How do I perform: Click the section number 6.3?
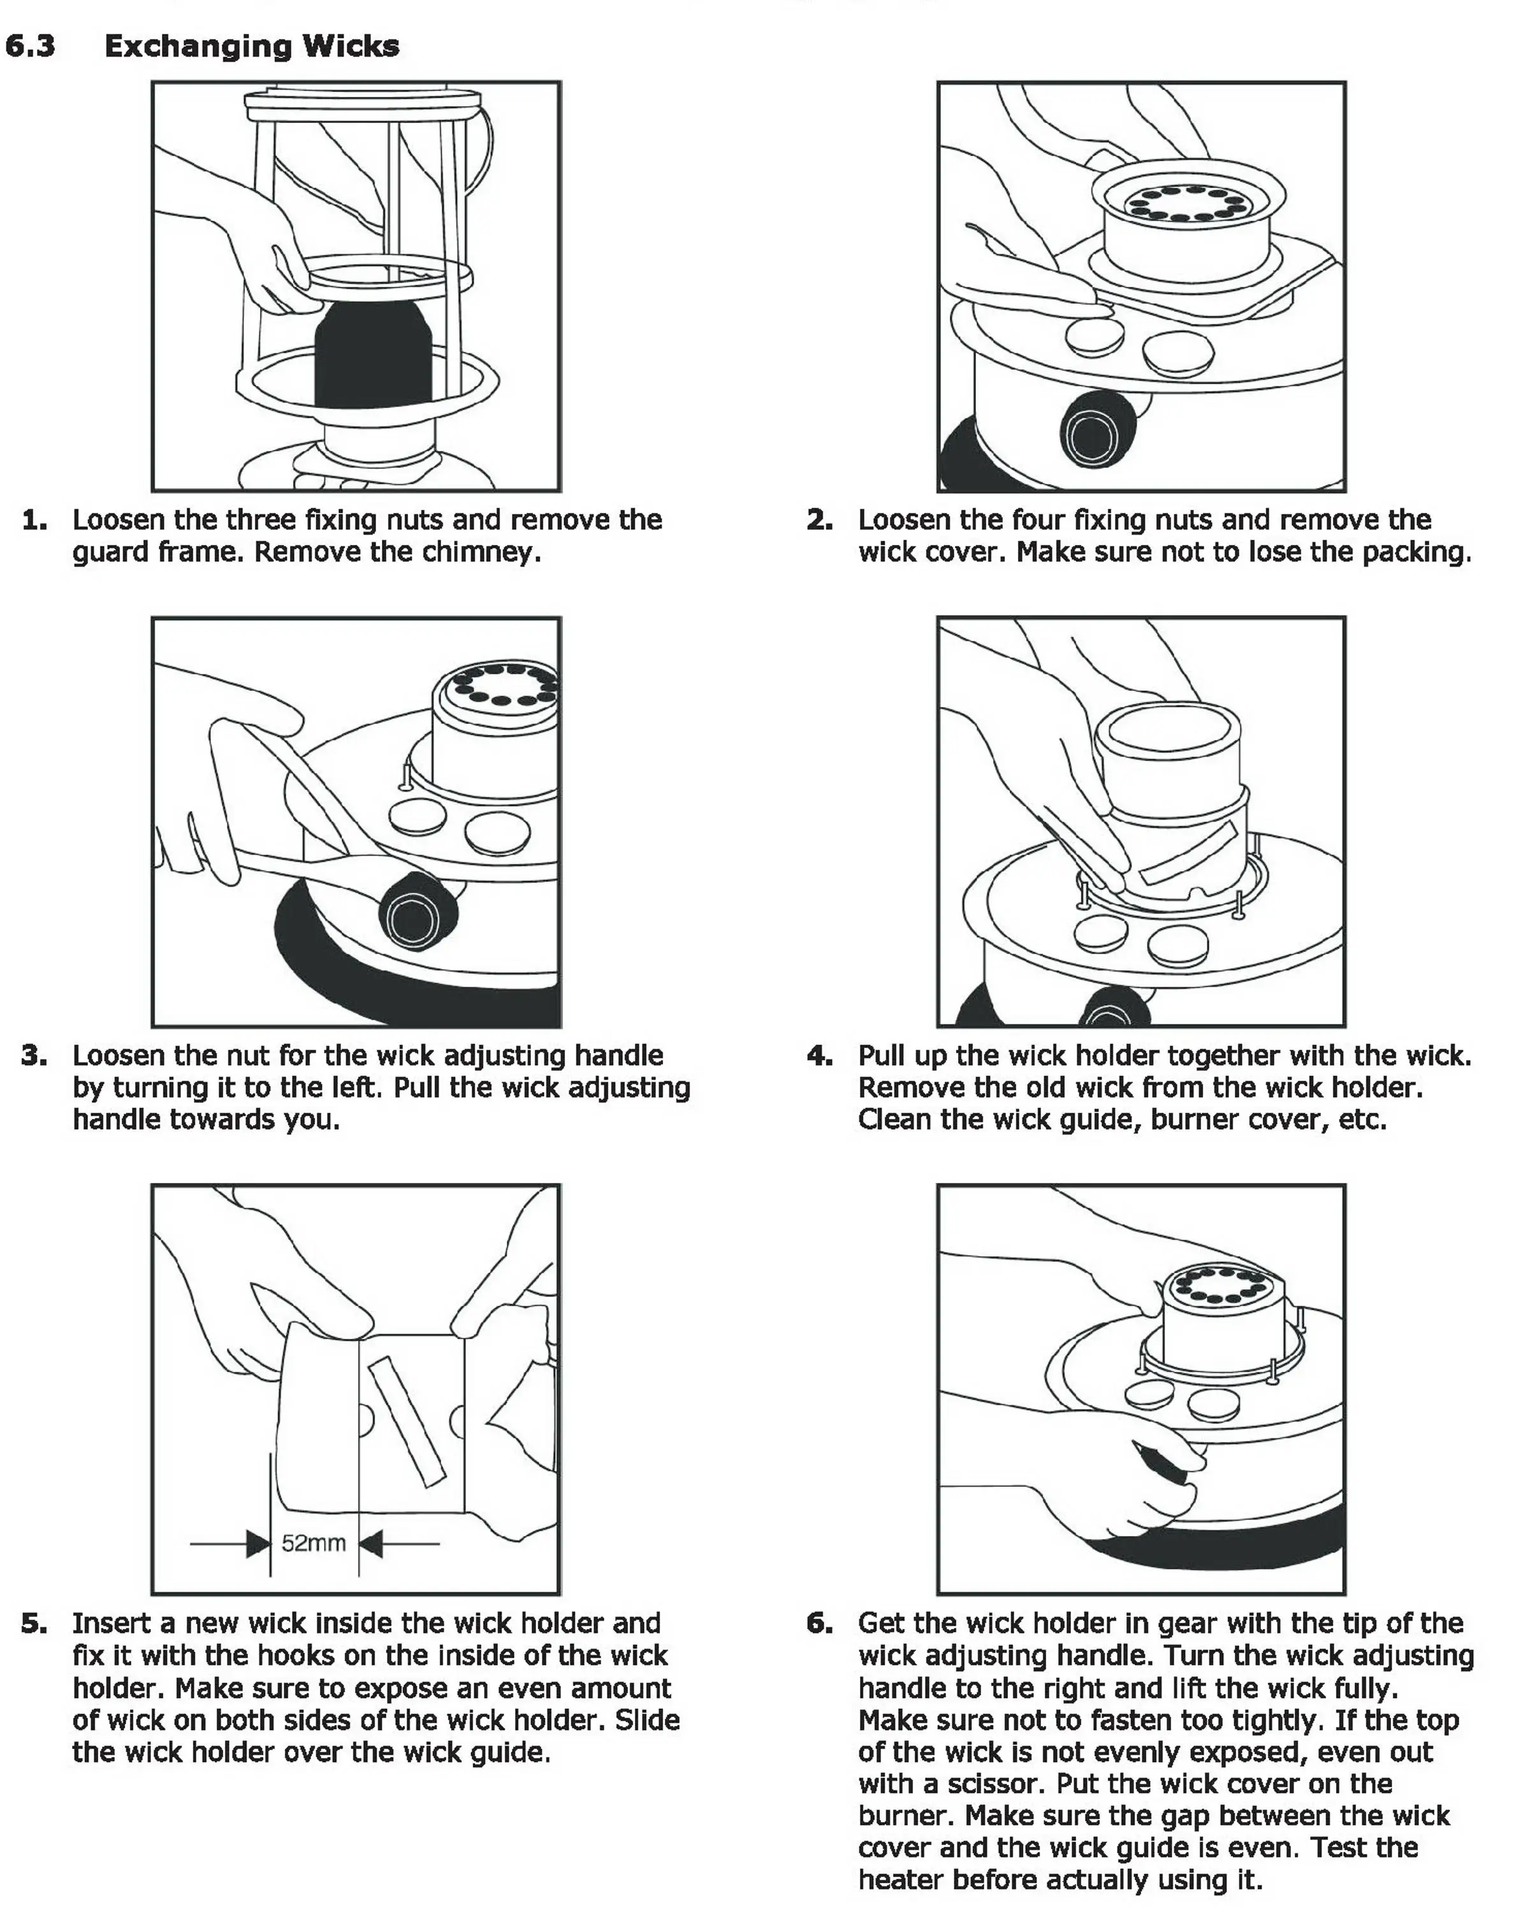30,46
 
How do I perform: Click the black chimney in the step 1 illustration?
372,355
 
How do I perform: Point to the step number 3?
34,1055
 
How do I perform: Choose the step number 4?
819,1055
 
